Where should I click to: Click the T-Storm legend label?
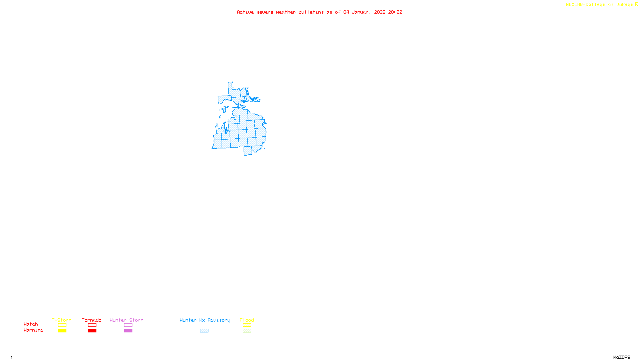[x=62, y=320]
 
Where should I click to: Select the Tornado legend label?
[x=92, y=320]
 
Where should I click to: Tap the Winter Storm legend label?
[x=126, y=320]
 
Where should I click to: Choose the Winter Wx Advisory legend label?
[x=205, y=320]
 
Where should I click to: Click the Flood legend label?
[x=247, y=320]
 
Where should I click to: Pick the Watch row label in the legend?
[x=31, y=324]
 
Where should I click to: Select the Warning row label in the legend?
[x=34, y=330]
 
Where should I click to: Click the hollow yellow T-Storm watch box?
[x=62, y=325]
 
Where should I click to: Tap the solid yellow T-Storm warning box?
[x=62, y=331]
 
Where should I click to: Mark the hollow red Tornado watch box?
[x=92, y=325]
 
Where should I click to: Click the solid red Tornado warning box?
[x=92, y=331]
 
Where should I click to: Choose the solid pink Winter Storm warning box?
[x=128, y=331]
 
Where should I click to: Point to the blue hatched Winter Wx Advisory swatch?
[x=204, y=331]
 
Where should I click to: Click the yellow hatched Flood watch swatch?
[x=247, y=325]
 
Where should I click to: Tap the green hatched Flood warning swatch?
[x=247, y=331]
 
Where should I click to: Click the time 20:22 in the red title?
[x=395, y=12]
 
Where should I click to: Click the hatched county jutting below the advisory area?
[x=248, y=151]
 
